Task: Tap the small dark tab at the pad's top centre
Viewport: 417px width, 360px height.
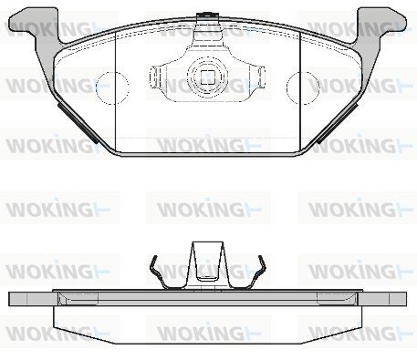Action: pyautogui.click(x=208, y=15)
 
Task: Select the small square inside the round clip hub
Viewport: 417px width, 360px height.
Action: pyautogui.click(x=208, y=77)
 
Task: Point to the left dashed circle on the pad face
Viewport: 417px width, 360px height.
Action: pyautogui.click(x=112, y=88)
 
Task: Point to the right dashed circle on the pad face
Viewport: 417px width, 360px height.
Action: pyautogui.click(x=303, y=88)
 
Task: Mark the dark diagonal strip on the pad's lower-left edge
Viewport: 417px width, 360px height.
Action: pyautogui.click(x=78, y=122)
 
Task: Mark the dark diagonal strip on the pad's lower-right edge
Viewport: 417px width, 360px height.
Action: pyautogui.click(x=338, y=122)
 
